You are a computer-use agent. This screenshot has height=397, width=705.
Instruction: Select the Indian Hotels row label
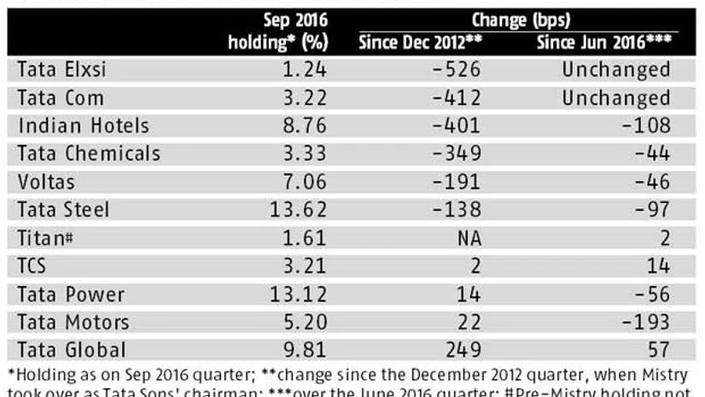(84, 126)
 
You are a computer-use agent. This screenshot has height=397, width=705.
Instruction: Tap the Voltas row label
(47, 183)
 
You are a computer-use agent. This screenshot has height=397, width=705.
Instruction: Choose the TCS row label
(36, 266)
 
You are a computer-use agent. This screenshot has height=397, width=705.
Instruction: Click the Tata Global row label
(73, 350)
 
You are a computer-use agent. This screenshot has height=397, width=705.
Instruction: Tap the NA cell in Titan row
(468, 238)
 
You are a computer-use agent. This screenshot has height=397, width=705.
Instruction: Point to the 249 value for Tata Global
(464, 350)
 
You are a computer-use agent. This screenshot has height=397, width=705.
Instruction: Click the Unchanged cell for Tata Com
(615, 98)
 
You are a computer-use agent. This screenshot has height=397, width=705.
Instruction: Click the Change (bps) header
(520, 19)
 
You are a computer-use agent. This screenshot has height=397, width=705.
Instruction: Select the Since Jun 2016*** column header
(603, 42)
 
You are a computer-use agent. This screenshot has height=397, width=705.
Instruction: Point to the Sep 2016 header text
(293, 19)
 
